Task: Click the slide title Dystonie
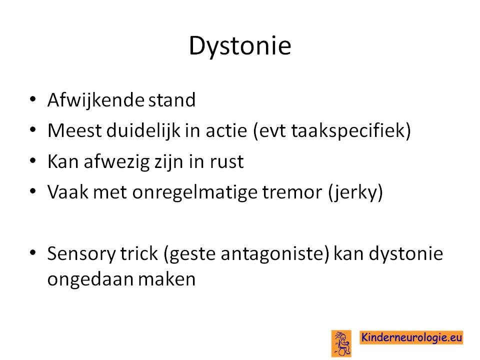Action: (x=240, y=46)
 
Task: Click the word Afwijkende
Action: (x=95, y=100)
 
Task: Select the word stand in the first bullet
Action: (x=171, y=100)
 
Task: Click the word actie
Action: (x=226, y=130)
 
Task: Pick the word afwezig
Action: (x=116, y=162)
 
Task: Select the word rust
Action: (x=227, y=162)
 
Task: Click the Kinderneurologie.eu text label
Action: (x=411, y=337)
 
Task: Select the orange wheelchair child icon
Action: (x=341, y=343)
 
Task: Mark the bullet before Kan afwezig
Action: (x=33, y=160)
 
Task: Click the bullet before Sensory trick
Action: (x=33, y=252)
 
